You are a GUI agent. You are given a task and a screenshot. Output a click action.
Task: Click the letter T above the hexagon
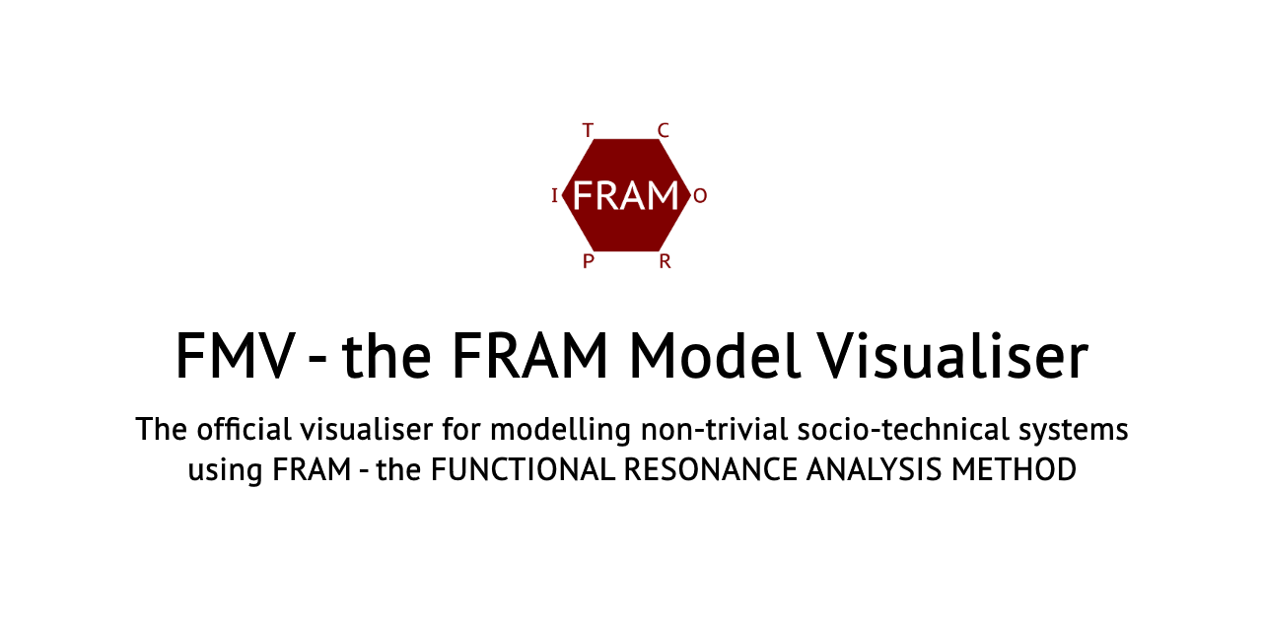coord(588,130)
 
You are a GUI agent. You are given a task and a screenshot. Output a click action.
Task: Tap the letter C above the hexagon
coord(663,130)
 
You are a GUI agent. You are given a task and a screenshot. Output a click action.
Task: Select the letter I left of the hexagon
coord(554,195)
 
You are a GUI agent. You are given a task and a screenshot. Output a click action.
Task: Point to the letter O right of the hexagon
coord(700,195)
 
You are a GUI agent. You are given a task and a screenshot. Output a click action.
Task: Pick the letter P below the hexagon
coord(588,261)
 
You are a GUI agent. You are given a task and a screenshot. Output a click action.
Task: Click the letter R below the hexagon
coord(665,261)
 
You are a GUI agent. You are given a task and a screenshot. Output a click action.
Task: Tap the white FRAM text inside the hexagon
coord(625,195)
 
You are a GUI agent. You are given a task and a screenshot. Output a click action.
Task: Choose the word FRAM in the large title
coord(530,356)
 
